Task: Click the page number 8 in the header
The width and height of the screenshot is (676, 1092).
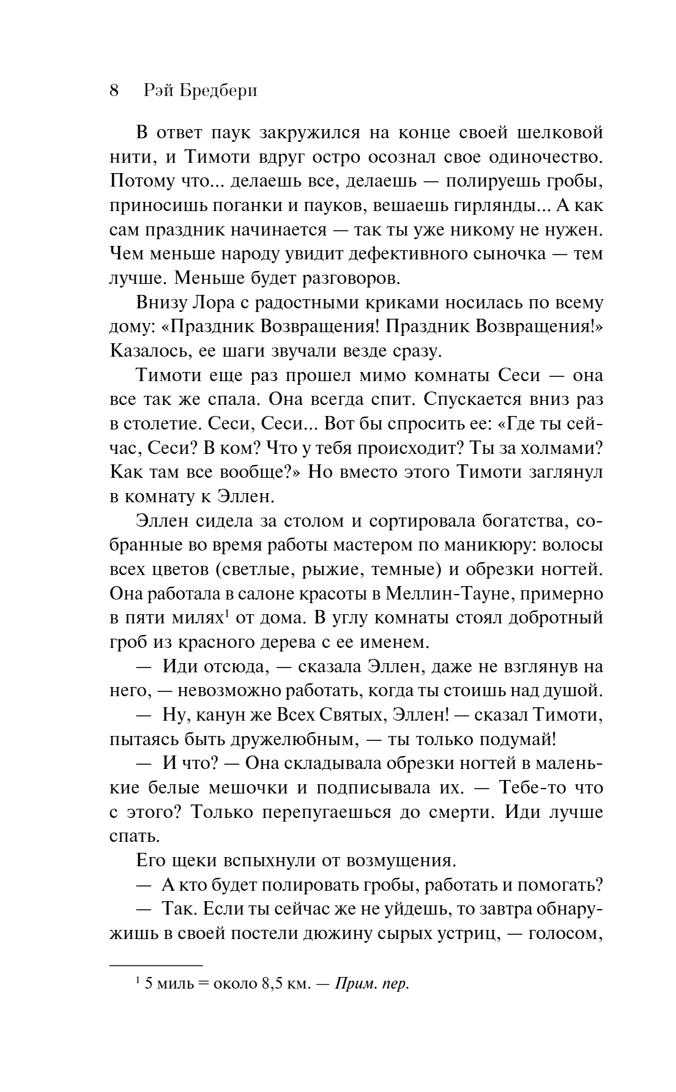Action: click(114, 91)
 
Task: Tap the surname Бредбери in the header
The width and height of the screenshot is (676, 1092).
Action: click(218, 91)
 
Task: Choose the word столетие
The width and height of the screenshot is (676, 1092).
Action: click(155, 424)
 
